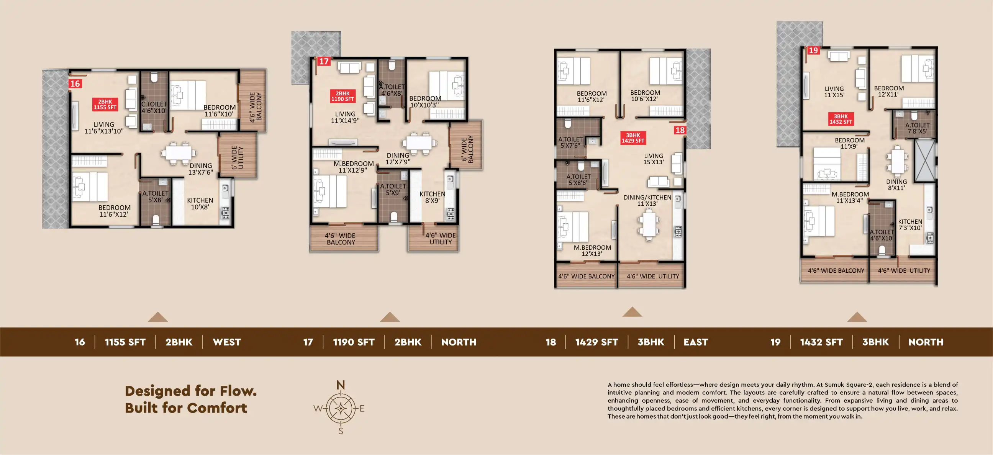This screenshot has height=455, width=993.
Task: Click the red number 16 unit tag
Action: click(75, 83)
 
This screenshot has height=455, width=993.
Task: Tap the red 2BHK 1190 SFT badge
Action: click(342, 96)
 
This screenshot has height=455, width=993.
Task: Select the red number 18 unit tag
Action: click(680, 130)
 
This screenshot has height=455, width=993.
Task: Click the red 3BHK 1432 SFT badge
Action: click(841, 119)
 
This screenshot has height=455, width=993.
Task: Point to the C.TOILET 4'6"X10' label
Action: click(154, 108)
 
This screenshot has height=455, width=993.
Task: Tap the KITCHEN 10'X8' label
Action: click(200, 203)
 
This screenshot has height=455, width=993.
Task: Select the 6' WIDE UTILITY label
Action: click(238, 157)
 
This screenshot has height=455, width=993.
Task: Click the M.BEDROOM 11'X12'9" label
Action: click(354, 167)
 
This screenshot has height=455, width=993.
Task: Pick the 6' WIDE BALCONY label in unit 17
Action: click(467, 149)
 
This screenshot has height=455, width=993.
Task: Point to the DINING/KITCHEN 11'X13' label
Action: click(647, 200)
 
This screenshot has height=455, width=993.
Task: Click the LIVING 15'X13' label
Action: click(654, 159)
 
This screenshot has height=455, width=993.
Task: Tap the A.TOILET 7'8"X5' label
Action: click(917, 128)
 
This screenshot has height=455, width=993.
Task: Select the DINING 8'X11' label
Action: click(896, 185)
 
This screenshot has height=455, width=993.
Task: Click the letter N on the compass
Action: click(340, 385)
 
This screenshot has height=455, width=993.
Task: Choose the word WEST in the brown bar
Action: click(227, 342)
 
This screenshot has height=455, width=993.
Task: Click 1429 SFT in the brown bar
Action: click(597, 342)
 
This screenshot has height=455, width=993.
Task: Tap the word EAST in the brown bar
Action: click(696, 342)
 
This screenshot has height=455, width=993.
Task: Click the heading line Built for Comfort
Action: click(186, 408)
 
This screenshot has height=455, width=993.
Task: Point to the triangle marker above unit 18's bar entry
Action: click(632, 312)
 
